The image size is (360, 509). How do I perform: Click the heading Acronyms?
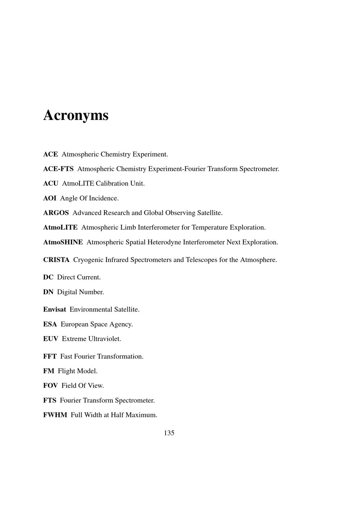click(x=76, y=116)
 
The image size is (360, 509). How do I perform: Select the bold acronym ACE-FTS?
click(x=58, y=169)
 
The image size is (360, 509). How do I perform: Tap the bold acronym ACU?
click(x=50, y=184)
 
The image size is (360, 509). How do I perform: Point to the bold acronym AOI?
click(x=50, y=198)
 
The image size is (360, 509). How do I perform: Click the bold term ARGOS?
click(x=56, y=213)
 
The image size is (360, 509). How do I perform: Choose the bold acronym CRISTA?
click(x=56, y=260)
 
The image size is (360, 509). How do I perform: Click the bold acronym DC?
click(x=48, y=277)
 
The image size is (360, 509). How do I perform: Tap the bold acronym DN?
click(x=48, y=292)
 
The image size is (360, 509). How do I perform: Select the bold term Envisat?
click(x=54, y=310)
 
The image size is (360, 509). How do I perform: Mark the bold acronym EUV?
click(x=50, y=339)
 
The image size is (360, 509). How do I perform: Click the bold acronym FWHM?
click(x=55, y=415)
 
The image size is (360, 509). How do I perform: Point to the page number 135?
click(x=169, y=433)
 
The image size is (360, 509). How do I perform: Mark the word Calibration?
click(x=112, y=184)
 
